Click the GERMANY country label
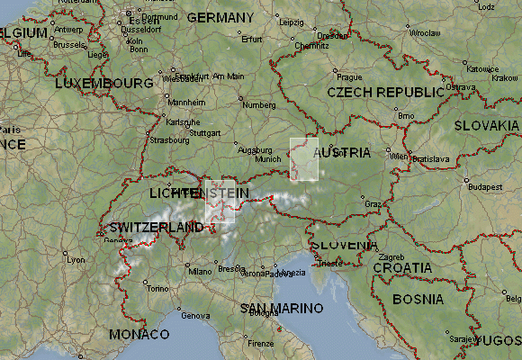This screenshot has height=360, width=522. point(220,17)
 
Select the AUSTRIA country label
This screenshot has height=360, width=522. point(342,152)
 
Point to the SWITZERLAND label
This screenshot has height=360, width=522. point(156,227)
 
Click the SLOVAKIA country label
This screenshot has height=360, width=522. point(487,125)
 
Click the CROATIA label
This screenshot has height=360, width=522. point(402,267)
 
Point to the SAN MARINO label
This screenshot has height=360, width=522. point(282,308)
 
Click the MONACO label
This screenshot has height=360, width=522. point(139,334)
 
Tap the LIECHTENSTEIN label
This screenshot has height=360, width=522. point(199,193)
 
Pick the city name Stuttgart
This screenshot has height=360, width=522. point(205,132)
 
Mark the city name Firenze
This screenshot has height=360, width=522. point(261,343)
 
